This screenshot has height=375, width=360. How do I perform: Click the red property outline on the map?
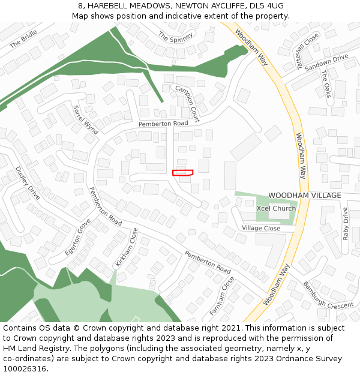click(182, 173)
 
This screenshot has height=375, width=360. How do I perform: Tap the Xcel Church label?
click(275, 208)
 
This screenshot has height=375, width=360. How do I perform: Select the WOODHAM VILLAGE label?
click(304, 196)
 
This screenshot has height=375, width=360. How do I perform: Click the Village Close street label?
click(261, 229)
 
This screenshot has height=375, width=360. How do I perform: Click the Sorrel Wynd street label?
click(85, 119)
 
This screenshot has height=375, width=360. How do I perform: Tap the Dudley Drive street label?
click(28, 183)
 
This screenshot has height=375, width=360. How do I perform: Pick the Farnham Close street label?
click(222, 296)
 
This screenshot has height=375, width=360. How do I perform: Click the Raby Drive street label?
click(346, 224)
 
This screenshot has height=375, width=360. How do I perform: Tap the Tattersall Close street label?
click(308, 50)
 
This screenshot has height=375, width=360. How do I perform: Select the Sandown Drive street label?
click(326, 62)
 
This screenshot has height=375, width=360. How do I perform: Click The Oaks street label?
click(326, 84)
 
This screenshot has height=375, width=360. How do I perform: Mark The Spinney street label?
click(176, 37)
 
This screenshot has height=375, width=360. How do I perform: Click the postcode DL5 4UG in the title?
click(265, 5)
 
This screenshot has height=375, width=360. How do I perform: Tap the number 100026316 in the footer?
click(25, 368)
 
